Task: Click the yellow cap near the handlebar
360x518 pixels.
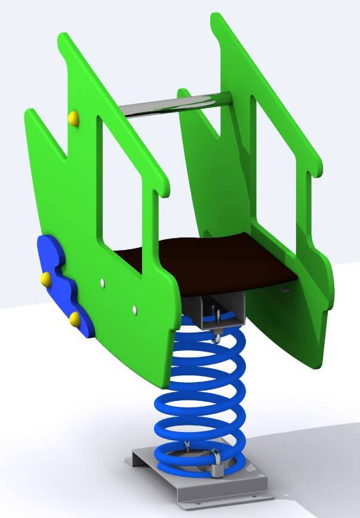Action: [x=73, y=118]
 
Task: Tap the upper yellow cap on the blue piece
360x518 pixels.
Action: [x=46, y=278]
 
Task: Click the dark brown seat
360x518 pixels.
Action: [x=209, y=263]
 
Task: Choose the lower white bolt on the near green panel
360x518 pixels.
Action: [x=134, y=308]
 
